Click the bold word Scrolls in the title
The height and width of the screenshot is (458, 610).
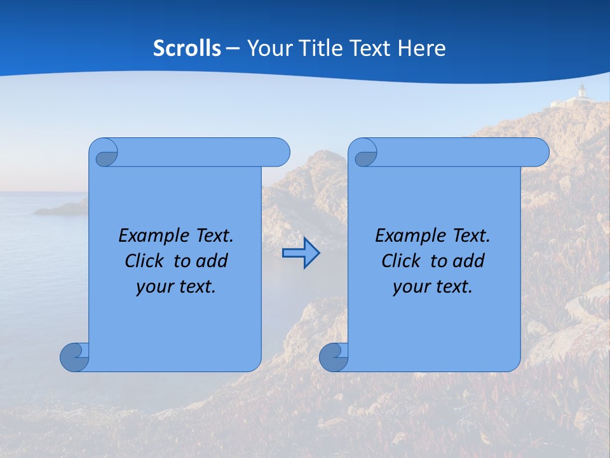click(187, 48)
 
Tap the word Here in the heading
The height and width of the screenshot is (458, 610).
click(422, 48)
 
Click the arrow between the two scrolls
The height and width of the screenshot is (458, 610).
click(301, 253)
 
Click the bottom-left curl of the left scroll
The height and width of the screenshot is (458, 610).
click(74, 357)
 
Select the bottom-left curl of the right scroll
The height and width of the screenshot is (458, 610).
click(333, 357)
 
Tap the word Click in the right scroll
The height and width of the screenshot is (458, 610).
click(401, 261)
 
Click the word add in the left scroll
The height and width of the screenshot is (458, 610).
click(213, 261)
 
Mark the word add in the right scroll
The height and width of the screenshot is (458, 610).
click(470, 261)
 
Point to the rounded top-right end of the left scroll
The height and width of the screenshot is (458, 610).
click(280, 152)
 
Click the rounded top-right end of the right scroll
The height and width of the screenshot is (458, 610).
click(539, 152)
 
